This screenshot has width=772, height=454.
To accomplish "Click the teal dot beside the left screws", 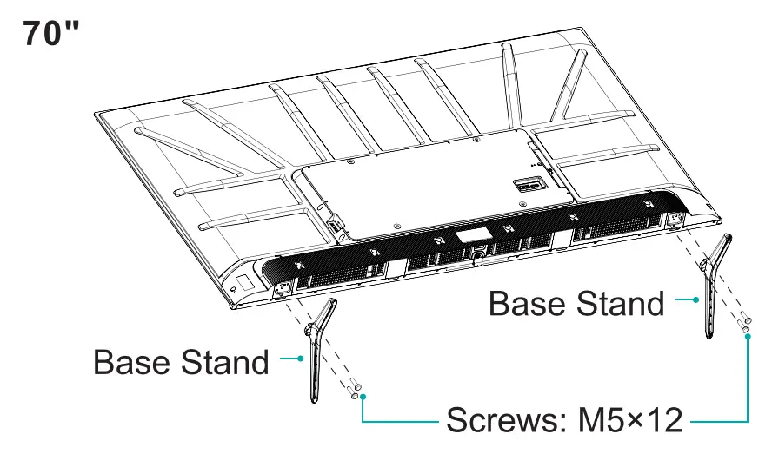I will coord(363,397).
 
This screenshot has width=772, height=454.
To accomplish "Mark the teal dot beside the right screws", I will coord(749,335).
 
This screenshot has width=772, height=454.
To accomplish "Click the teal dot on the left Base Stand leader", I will coord(300,357).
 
